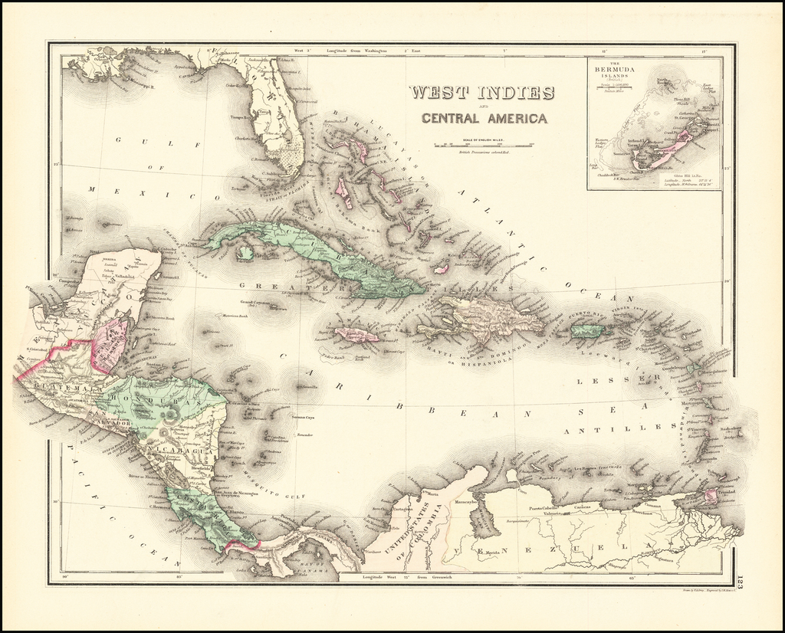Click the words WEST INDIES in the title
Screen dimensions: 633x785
[x=481, y=93]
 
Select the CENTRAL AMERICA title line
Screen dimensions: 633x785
[x=484, y=118]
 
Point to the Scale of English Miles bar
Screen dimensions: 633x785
[x=484, y=144]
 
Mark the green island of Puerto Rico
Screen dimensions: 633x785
[x=589, y=330]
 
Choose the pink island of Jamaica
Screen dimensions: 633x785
[x=356, y=335]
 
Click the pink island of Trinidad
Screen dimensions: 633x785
[x=711, y=496]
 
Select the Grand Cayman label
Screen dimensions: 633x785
[x=253, y=302]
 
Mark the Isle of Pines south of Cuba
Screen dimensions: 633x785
[x=245, y=252]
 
